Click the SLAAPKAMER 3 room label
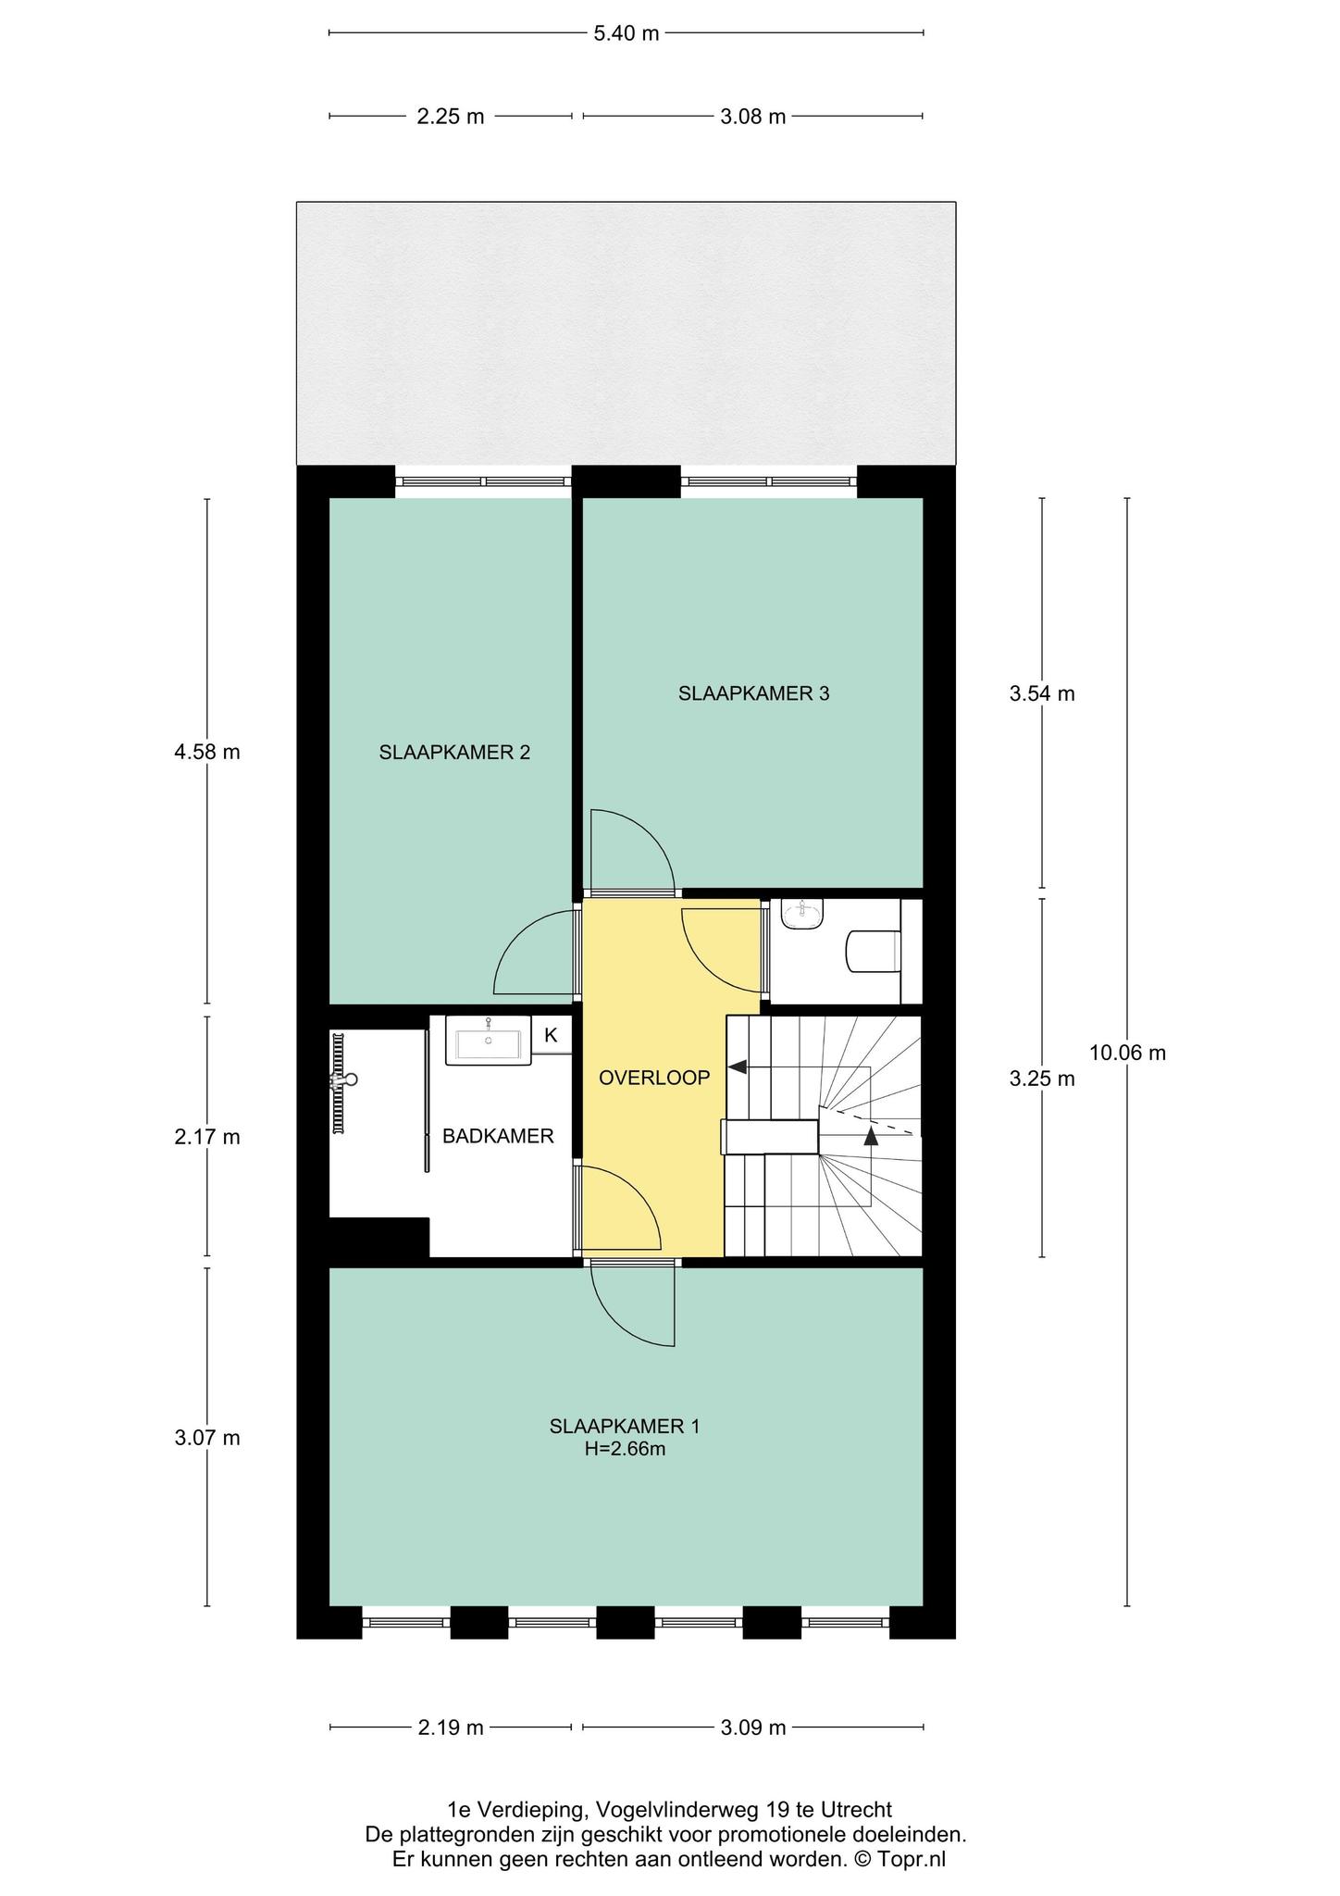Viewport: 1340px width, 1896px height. click(x=753, y=693)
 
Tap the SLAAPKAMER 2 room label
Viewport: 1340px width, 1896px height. click(x=454, y=753)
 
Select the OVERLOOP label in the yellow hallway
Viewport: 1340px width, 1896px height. click(x=654, y=1078)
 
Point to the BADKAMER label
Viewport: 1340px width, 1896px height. click(x=498, y=1136)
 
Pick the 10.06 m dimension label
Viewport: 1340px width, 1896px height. click(x=1127, y=1053)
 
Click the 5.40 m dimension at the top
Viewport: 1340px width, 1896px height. click(x=627, y=34)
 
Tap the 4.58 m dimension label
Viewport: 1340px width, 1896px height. click(x=206, y=752)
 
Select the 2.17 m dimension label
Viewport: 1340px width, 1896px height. click(x=206, y=1137)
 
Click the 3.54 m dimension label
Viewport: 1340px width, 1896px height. click(x=1042, y=693)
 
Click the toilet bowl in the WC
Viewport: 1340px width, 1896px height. click(x=871, y=952)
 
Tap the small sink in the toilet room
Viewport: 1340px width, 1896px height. click(x=800, y=914)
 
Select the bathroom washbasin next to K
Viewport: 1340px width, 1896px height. click(x=488, y=1042)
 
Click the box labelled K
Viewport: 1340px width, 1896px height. click(x=551, y=1036)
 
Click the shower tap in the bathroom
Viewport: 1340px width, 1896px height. click(x=344, y=1079)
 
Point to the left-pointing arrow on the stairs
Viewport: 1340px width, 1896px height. click(x=738, y=1067)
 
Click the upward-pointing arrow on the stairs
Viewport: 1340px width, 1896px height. click(x=870, y=1136)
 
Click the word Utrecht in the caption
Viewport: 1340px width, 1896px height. click(x=856, y=1809)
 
